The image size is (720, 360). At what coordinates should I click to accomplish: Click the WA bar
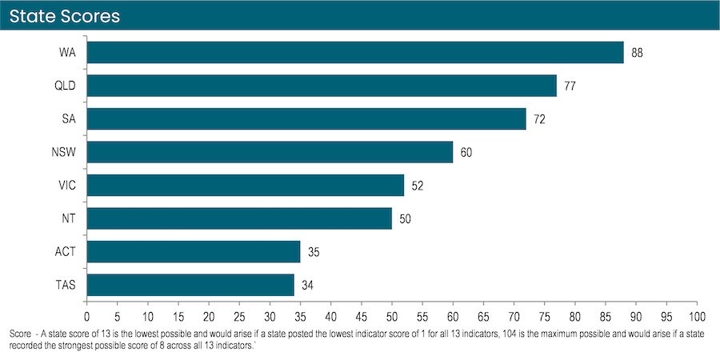(x=355, y=52)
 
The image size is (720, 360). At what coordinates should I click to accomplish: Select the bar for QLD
(x=322, y=86)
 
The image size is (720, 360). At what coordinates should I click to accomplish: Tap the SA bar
(x=306, y=118)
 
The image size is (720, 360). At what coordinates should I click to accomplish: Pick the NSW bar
(x=270, y=152)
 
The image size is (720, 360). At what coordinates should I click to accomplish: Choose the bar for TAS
(x=190, y=285)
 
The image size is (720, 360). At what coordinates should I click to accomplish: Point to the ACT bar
(x=194, y=252)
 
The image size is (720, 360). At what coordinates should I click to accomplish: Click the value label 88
(x=637, y=53)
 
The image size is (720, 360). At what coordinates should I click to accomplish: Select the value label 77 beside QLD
(x=570, y=86)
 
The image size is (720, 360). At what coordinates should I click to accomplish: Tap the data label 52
(x=418, y=186)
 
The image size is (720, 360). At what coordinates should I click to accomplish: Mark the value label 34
(x=308, y=286)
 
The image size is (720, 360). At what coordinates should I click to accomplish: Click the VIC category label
(x=67, y=186)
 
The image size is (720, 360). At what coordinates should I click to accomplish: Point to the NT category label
(x=69, y=218)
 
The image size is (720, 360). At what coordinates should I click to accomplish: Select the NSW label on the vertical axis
(x=63, y=152)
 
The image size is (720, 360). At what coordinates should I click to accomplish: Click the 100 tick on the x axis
(x=697, y=317)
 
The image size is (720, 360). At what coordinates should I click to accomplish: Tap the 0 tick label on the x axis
(x=86, y=317)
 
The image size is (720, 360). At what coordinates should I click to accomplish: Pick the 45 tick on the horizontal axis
(x=362, y=317)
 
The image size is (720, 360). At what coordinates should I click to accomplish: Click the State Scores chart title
(x=65, y=17)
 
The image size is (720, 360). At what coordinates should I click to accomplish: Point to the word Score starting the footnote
(x=18, y=334)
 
